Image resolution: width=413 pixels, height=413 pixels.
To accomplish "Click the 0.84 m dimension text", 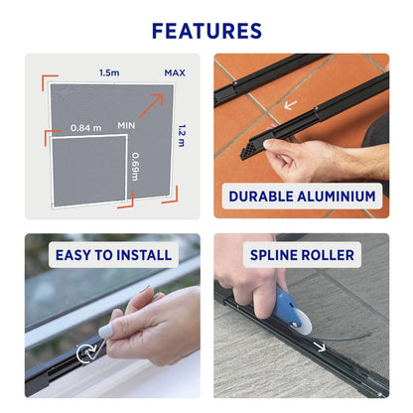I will tap(86, 127).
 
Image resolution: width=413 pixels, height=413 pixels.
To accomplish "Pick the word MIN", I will tap(126, 127).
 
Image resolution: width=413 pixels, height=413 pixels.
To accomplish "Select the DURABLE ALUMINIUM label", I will tap(302, 196).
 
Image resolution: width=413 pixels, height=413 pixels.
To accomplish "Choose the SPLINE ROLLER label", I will tap(302, 255).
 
